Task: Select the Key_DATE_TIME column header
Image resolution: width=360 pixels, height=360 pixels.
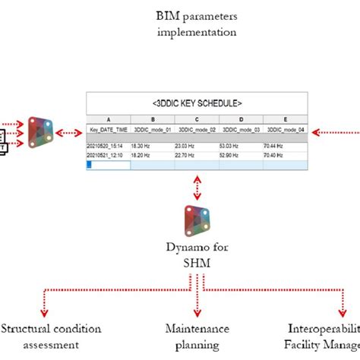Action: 108,130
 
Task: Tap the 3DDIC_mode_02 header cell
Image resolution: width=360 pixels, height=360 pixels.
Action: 197,130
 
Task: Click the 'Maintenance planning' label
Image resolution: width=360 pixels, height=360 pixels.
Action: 197,336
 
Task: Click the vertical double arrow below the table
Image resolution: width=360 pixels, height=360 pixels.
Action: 197,185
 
